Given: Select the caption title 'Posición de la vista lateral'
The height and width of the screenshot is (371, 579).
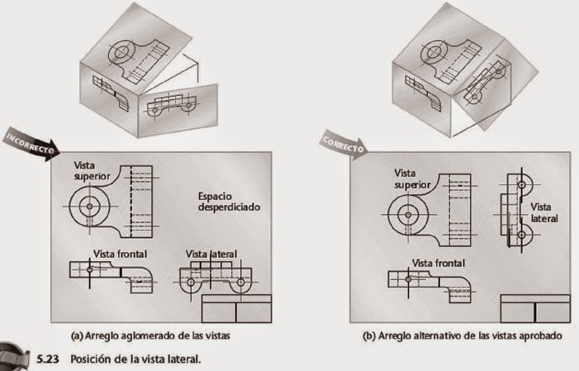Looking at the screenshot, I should click(x=135, y=359).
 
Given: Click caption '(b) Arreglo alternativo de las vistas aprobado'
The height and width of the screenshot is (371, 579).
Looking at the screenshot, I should click(x=463, y=336).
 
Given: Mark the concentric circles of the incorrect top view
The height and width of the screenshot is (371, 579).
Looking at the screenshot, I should click(x=88, y=202).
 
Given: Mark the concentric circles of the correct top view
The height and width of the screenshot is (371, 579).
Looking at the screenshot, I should click(x=407, y=214).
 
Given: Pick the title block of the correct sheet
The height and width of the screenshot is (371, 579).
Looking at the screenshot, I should click(x=536, y=309).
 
